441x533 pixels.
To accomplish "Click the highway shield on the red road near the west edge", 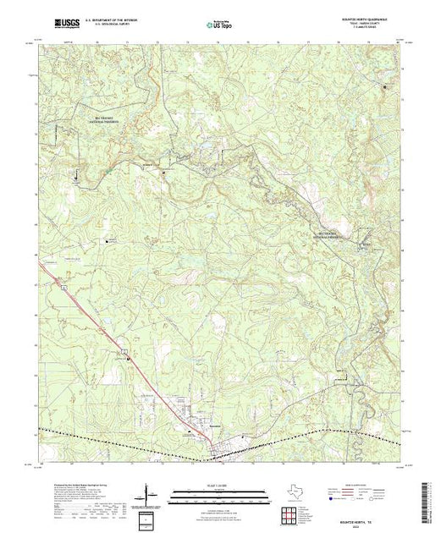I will pos(63,288).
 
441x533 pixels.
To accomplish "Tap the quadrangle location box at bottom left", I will pos(148,518).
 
